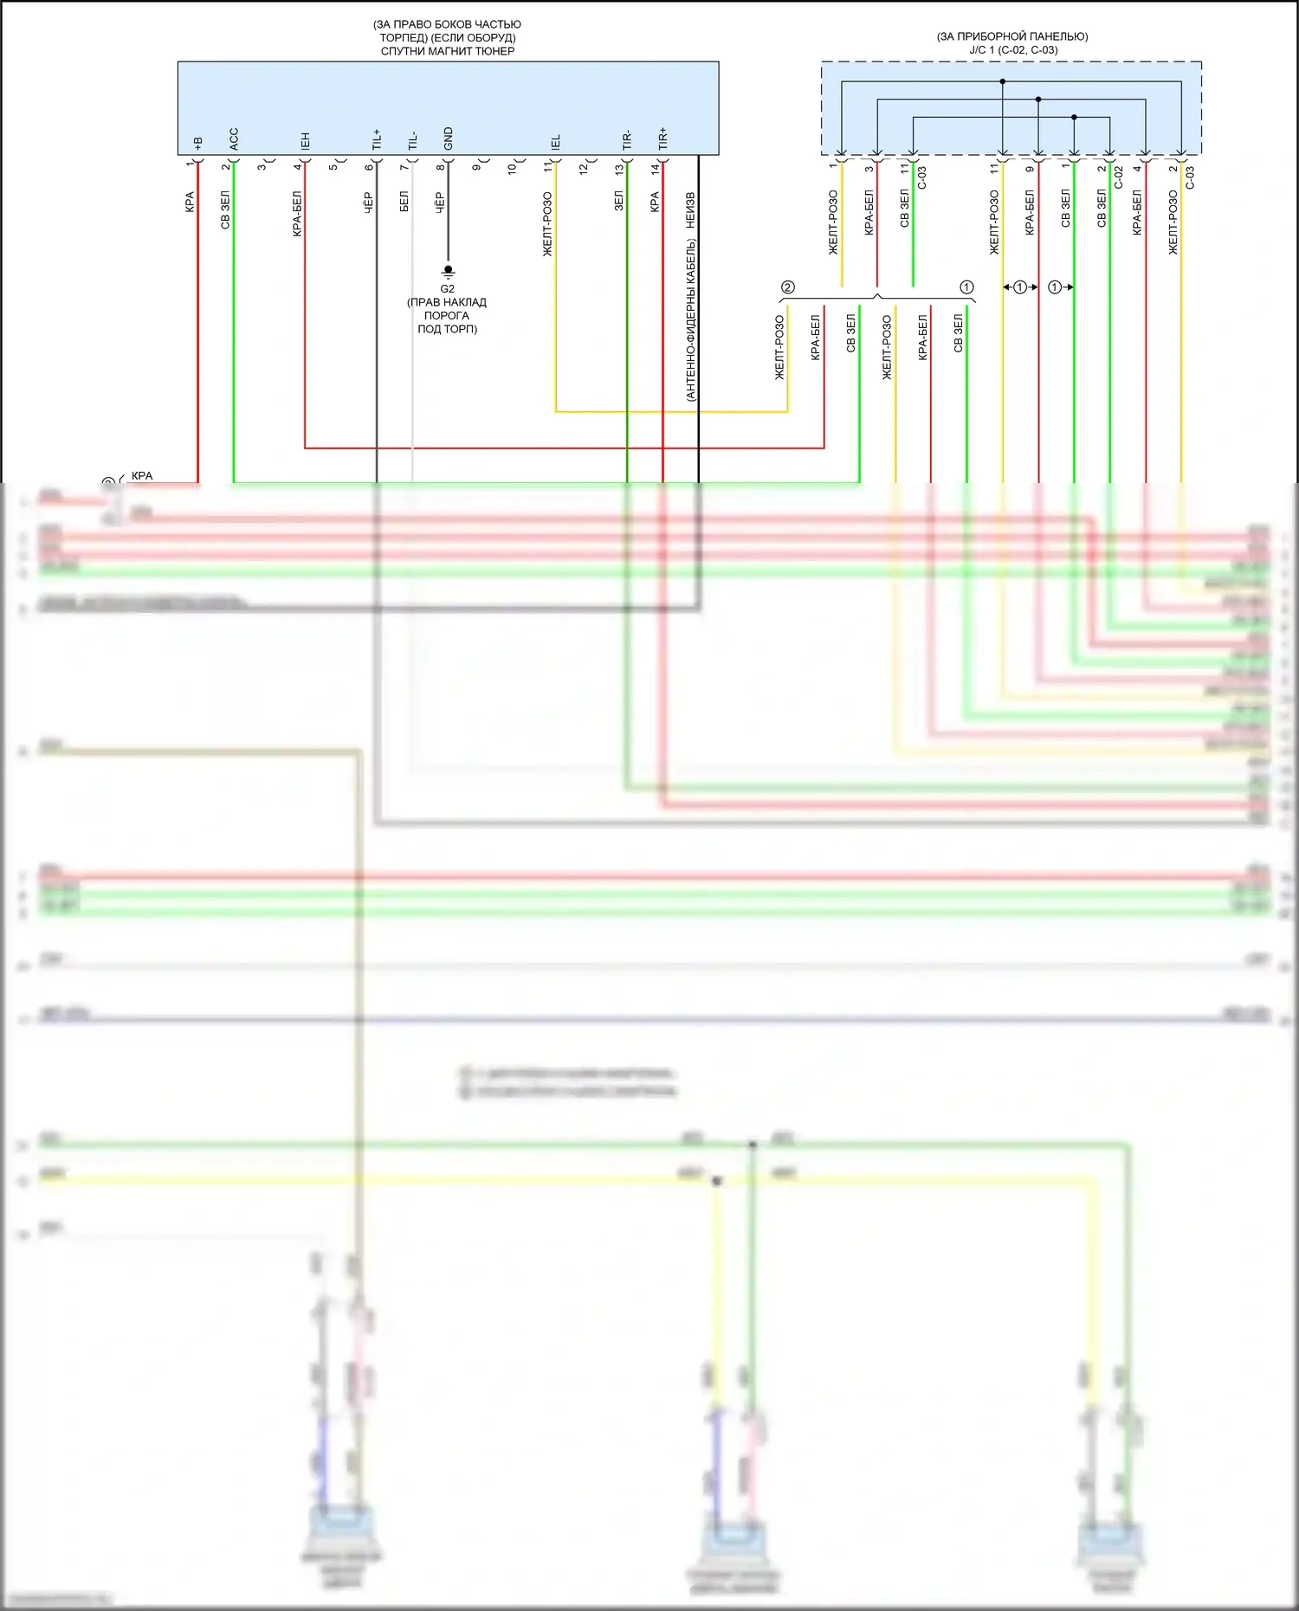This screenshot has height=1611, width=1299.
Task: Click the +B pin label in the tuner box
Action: click(198, 143)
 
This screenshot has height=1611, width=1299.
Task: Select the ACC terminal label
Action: click(234, 139)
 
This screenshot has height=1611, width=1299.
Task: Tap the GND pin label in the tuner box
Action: click(448, 138)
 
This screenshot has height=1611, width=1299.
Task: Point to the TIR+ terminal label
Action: click(662, 139)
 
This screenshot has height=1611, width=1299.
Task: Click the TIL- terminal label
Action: click(412, 140)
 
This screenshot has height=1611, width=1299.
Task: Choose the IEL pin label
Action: click(555, 142)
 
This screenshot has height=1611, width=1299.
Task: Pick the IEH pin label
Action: click(305, 141)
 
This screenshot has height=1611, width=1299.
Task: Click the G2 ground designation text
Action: click(447, 289)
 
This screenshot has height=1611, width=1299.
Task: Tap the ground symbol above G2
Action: click(448, 271)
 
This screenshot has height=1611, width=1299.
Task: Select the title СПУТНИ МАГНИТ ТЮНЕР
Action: click(448, 51)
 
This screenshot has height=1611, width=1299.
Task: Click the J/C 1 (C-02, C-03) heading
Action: click(1012, 50)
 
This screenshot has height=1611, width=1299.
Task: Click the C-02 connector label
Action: click(1118, 177)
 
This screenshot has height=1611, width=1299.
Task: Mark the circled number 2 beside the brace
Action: click(787, 287)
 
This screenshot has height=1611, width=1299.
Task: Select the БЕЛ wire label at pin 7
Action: click(404, 203)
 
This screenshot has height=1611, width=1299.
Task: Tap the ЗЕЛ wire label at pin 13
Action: click(618, 202)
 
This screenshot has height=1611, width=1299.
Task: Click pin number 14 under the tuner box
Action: click(656, 169)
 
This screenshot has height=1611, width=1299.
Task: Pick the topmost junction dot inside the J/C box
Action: click(1003, 81)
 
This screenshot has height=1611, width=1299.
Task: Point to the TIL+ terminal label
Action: click(377, 139)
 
